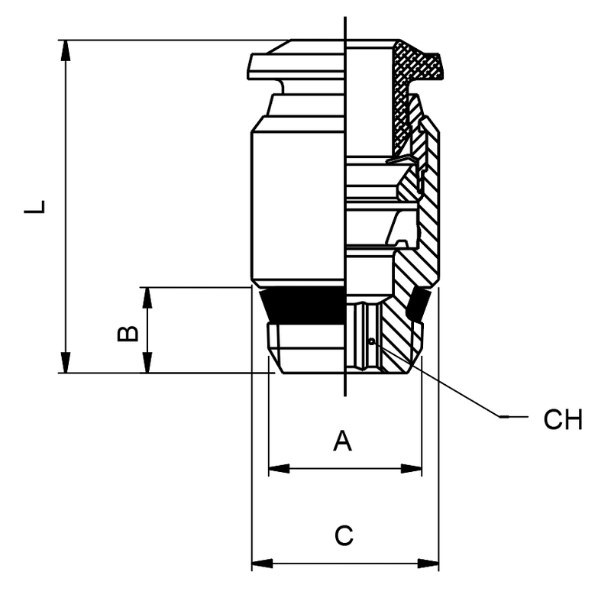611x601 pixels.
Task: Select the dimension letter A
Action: (x=343, y=441)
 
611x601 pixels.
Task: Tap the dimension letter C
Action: (x=344, y=535)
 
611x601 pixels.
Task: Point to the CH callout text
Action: (x=563, y=419)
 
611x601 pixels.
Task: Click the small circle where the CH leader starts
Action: (x=370, y=341)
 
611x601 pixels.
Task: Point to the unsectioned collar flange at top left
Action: (x=294, y=65)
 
